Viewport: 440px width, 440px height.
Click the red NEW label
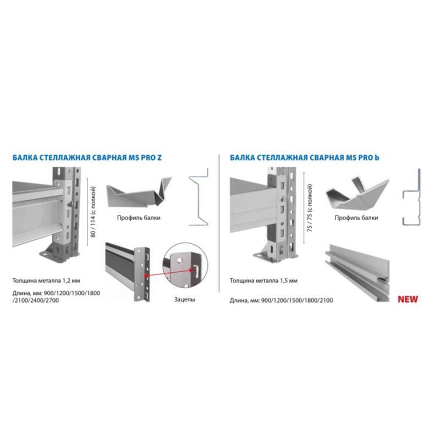[x=408, y=299]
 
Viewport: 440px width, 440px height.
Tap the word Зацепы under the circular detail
[x=184, y=299]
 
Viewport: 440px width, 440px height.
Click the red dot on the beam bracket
[x=146, y=276]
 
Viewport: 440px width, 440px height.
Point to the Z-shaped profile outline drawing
[x=199, y=197]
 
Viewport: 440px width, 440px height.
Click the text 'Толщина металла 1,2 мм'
[x=46, y=280]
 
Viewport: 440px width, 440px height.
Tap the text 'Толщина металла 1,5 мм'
[x=263, y=280]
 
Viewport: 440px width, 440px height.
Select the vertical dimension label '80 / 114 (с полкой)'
[x=93, y=212]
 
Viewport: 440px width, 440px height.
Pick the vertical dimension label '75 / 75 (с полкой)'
[x=310, y=208]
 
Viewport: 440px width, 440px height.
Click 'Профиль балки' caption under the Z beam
[x=139, y=217]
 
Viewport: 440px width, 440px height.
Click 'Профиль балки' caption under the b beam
[x=356, y=217]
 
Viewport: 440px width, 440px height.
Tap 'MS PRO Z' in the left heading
[x=145, y=157]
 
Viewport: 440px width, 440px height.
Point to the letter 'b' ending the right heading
[x=377, y=157]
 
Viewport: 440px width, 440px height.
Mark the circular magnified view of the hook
[x=185, y=266]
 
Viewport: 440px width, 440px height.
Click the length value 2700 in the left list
[x=52, y=300]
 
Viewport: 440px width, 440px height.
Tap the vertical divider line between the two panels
[x=219, y=223]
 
